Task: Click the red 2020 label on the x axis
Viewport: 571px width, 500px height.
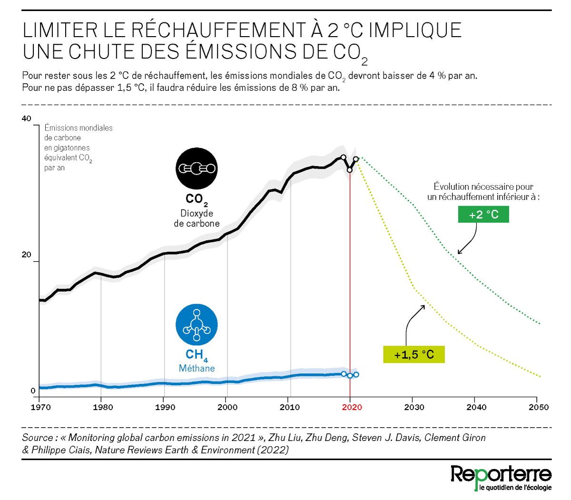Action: (352, 407)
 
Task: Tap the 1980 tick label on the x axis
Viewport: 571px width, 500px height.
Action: (103, 407)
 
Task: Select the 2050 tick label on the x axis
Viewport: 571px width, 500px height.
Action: (538, 407)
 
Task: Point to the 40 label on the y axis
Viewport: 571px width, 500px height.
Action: (27, 118)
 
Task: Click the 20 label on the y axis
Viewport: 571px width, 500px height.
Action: (27, 255)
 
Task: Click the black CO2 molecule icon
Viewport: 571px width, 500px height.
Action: (197, 168)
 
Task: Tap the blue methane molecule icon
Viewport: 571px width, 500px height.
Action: (197, 324)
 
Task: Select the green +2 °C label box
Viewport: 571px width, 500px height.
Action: (483, 215)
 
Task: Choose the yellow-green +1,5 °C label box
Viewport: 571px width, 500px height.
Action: (414, 354)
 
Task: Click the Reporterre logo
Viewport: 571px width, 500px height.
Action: (501, 477)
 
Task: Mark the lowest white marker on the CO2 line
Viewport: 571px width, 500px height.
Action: (350, 170)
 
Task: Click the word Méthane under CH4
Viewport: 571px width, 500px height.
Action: (197, 368)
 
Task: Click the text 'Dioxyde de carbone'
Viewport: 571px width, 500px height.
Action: (197, 218)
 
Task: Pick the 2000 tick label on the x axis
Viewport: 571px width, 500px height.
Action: (227, 407)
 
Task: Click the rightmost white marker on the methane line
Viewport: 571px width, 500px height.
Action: (356, 375)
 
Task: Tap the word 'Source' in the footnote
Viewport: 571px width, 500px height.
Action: (37, 438)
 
